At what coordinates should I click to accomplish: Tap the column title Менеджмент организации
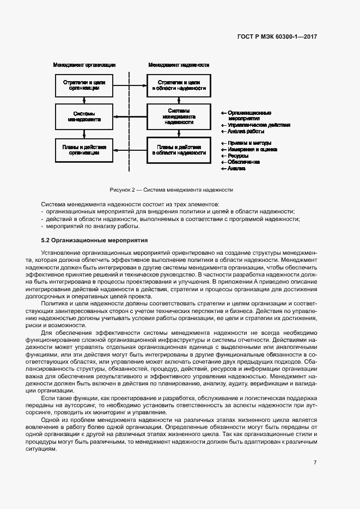[x=84, y=65]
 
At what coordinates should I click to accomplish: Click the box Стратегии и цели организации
[x=84, y=85]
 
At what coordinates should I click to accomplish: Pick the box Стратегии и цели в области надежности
[x=179, y=85]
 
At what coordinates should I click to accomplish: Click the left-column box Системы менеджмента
[x=84, y=116]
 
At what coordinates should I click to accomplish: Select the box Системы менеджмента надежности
[x=179, y=116]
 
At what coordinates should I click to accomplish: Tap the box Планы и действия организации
[x=84, y=150]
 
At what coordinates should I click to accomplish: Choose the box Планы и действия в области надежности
[x=179, y=150]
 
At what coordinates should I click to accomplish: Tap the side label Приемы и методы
[x=248, y=143]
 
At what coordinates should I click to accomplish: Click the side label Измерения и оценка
[x=252, y=149]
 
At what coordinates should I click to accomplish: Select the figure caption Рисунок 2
[x=171, y=190]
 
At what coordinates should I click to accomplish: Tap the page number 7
[x=315, y=462]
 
